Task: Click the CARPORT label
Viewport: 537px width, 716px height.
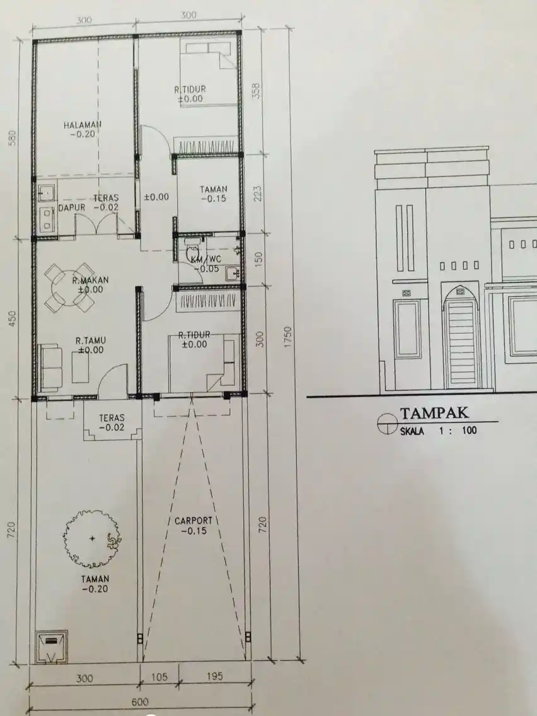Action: [193, 521]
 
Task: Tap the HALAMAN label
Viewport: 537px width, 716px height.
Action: [82, 125]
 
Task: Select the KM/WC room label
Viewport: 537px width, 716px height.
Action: [206, 260]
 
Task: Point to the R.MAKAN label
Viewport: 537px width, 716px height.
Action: [90, 280]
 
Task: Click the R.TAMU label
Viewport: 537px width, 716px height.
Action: [90, 340]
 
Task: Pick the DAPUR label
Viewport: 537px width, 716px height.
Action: [72, 208]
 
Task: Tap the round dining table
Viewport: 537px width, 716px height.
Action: [69, 287]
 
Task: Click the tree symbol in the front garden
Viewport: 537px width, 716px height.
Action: [92, 538]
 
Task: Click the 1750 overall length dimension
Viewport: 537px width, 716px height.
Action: [287, 337]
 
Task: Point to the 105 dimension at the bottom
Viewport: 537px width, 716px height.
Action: [159, 677]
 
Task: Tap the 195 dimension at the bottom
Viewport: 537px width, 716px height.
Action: [214, 676]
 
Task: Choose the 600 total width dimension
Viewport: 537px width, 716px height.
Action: [140, 702]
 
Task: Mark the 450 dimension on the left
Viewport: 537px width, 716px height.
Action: [13, 318]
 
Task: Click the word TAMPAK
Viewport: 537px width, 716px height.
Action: [434, 413]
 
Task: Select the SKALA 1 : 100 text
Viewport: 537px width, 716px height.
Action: [439, 430]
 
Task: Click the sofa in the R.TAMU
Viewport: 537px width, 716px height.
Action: [50, 368]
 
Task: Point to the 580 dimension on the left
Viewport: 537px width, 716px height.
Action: [13, 137]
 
